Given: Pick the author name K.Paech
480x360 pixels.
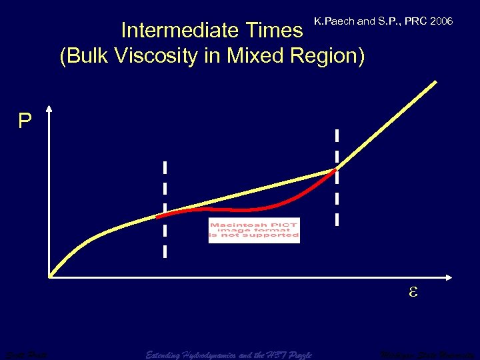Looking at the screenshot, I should (x=334, y=22).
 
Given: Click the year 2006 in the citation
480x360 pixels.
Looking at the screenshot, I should (x=442, y=22).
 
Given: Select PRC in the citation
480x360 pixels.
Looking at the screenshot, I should (x=415, y=22).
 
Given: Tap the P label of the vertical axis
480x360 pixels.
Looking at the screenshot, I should (x=25, y=121).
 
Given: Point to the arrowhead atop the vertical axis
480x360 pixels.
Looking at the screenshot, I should (x=50, y=107).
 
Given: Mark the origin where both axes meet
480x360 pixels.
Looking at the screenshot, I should (x=51, y=275).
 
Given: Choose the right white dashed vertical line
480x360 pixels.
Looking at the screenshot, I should (x=337, y=177).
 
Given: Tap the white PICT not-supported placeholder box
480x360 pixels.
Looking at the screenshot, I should (x=254, y=231).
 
